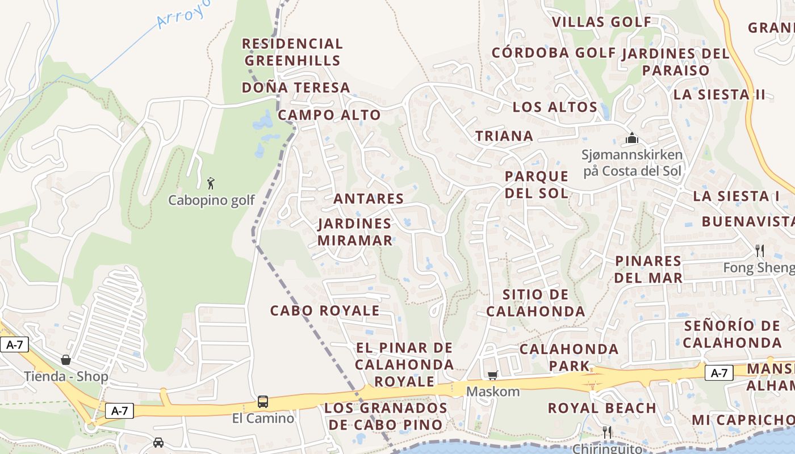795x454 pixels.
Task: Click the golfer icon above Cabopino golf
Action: (x=211, y=183)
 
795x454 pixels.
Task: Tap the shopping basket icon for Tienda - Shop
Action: (x=66, y=360)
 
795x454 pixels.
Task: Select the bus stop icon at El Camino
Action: (x=263, y=402)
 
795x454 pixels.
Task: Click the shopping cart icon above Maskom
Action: (x=492, y=375)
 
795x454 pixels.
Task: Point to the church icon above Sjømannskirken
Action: (x=631, y=138)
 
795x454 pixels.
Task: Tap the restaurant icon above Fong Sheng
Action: (x=759, y=250)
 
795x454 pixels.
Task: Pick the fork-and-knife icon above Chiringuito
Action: (x=607, y=432)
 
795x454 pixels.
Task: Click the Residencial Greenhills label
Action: (x=292, y=52)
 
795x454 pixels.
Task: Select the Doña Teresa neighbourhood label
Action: (x=296, y=88)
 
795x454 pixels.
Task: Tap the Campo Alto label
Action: (x=329, y=115)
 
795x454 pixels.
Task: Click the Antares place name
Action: (x=369, y=199)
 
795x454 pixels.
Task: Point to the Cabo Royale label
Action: (x=325, y=311)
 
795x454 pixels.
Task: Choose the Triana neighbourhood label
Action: (x=504, y=136)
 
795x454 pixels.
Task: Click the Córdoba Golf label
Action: (x=554, y=53)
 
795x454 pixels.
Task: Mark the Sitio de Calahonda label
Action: (x=535, y=303)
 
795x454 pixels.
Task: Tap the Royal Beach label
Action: (x=602, y=408)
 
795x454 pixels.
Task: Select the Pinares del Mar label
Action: (x=648, y=270)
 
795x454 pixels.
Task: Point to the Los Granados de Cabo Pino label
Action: (x=386, y=417)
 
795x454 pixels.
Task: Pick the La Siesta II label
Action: (x=719, y=95)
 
